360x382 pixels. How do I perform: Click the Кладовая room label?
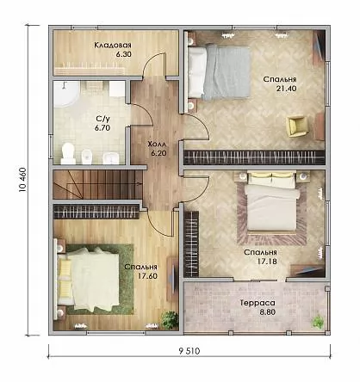click(x=113, y=45)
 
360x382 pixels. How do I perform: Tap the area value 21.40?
click(x=286, y=89)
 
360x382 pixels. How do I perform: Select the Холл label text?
click(x=158, y=144)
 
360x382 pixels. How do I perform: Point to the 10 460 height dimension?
click(x=22, y=180)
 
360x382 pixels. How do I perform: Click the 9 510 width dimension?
click(x=189, y=351)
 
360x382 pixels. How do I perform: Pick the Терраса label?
click(x=258, y=303)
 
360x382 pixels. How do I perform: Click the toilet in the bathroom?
click(x=68, y=153)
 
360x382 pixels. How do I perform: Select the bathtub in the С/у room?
click(x=65, y=94)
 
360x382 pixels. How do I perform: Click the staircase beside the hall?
click(x=97, y=184)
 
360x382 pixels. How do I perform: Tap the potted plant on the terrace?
click(x=319, y=321)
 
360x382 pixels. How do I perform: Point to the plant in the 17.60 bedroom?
click(x=170, y=319)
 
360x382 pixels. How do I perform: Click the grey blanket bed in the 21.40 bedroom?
click(x=219, y=71)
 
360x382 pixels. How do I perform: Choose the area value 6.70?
click(x=102, y=128)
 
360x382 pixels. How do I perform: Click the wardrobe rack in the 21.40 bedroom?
click(x=254, y=157)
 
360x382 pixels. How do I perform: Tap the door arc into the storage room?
click(x=154, y=65)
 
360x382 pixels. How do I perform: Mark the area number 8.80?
click(x=268, y=311)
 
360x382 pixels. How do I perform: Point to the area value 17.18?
click(x=267, y=262)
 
